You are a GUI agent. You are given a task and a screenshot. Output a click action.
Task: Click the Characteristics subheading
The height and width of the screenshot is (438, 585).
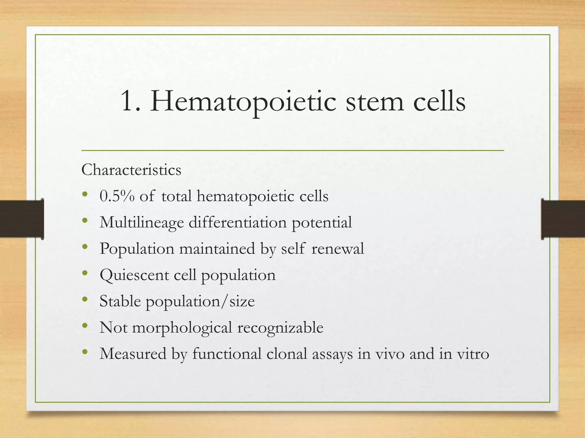tap(131, 170)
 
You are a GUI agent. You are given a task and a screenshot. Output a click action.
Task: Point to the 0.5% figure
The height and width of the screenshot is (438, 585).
tap(117, 196)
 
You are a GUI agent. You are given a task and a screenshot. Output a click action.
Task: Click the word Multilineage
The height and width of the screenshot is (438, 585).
tap(141, 223)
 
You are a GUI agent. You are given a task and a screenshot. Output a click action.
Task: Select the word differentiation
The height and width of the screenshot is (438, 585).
tap(237, 222)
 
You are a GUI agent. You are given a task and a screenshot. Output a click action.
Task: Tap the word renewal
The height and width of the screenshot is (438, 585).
tap(338, 248)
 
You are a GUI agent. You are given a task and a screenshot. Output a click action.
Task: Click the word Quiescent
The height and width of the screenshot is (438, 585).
tap(134, 275)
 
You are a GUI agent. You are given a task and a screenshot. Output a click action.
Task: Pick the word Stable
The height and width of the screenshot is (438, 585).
tap(120, 301)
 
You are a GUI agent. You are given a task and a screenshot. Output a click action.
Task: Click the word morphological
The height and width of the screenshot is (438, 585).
tap(182, 328)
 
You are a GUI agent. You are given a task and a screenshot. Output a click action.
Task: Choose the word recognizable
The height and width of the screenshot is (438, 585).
tap(280, 328)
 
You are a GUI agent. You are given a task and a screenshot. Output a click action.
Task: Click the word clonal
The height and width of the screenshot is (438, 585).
tap(287, 354)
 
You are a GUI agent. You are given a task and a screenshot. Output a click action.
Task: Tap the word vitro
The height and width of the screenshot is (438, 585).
tap(473, 354)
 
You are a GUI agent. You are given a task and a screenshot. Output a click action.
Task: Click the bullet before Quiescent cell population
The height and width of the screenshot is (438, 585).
tap(85, 273)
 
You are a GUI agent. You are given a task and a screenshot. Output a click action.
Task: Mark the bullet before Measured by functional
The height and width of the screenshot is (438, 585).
tap(85, 352)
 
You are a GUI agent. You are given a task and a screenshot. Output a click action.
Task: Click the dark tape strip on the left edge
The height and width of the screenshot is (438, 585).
tap(22, 219)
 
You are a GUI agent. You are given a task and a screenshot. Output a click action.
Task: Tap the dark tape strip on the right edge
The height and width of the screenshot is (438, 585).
tap(563, 219)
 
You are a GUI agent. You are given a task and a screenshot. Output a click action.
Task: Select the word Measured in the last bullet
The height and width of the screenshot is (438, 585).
tap(133, 354)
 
